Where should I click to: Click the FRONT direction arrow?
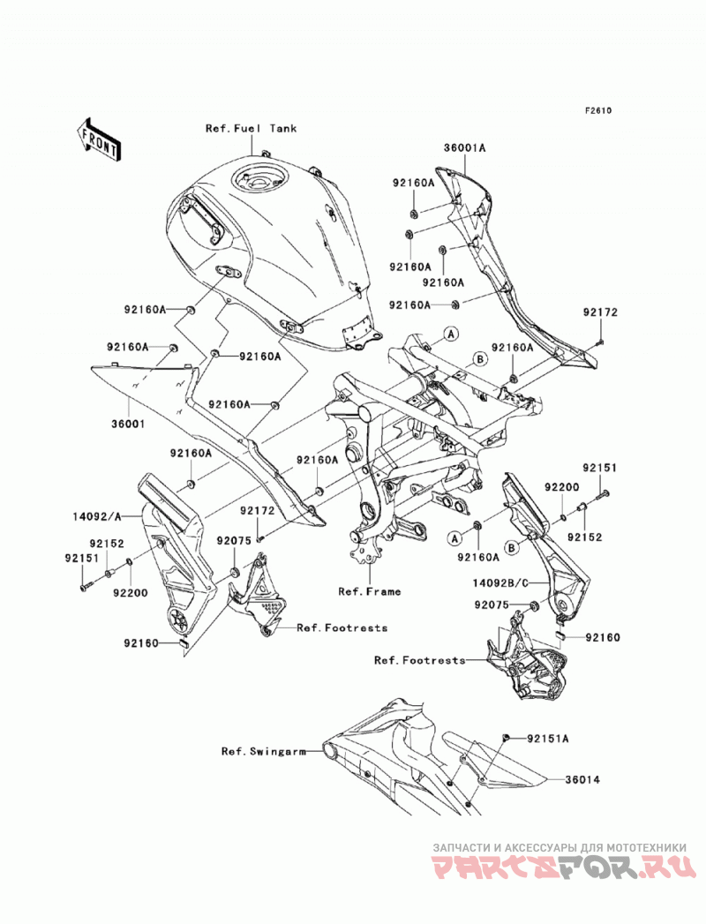click(x=99, y=139)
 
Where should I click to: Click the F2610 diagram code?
click(x=598, y=110)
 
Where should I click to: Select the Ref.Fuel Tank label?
click(x=251, y=129)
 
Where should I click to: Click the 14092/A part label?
click(x=97, y=517)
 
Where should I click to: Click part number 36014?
click(x=582, y=779)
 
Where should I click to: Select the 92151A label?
click(x=548, y=738)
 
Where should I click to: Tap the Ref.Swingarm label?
click(x=263, y=751)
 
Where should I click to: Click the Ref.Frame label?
click(x=370, y=591)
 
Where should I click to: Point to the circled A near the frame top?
click(x=451, y=334)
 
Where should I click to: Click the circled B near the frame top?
click(x=480, y=358)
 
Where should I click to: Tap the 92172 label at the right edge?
click(x=600, y=312)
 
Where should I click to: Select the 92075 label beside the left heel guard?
click(x=233, y=540)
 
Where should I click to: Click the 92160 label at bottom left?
click(x=141, y=642)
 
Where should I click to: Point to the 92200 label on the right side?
click(x=561, y=487)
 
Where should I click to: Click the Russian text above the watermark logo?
click(x=560, y=847)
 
